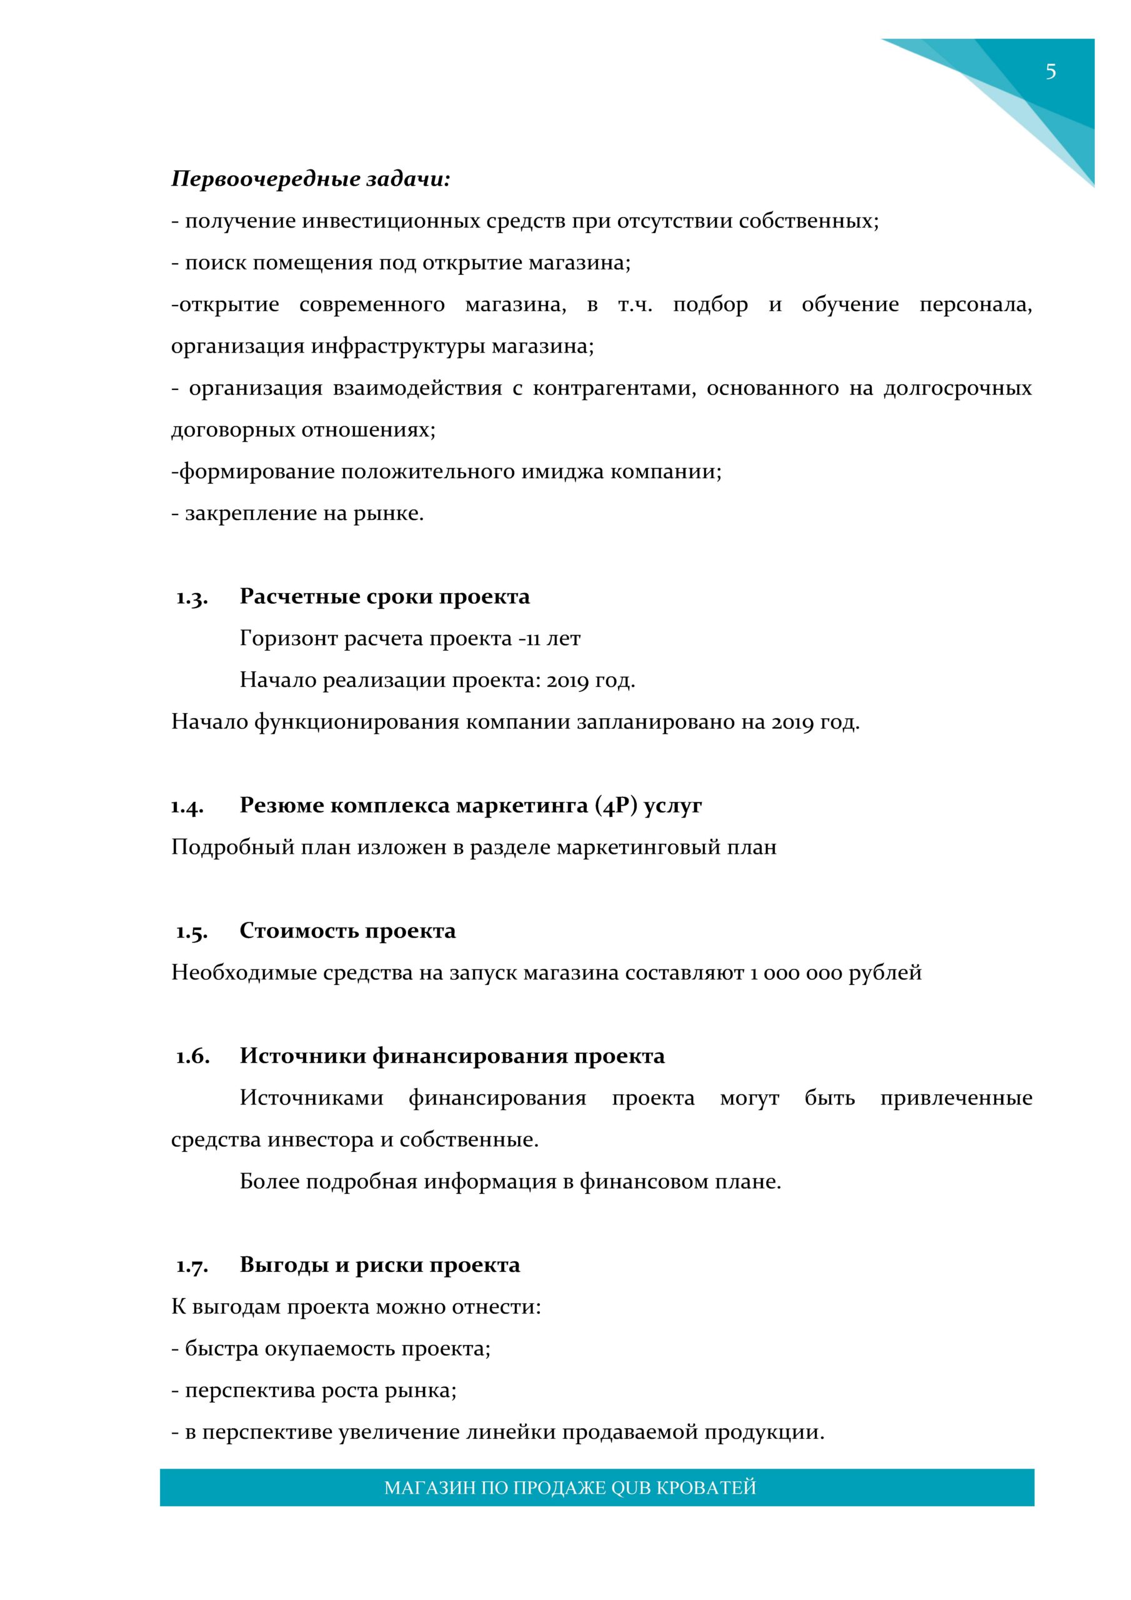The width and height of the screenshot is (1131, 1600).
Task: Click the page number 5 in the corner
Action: pyautogui.click(x=1050, y=72)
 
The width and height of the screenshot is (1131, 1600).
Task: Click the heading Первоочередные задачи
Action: pyautogui.click(x=311, y=180)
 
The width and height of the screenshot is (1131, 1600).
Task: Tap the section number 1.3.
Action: pyautogui.click(x=192, y=597)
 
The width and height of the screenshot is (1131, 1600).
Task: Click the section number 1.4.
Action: pyautogui.click(x=187, y=806)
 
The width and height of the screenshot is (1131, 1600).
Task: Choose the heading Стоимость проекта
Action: pyautogui.click(x=347, y=931)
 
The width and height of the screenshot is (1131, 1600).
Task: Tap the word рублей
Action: pyautogui.click(x=885, y=973)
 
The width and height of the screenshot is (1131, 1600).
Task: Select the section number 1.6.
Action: pyautogui.click(x=192, y=1056)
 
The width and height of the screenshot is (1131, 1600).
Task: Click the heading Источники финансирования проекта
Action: pyautogui.click(x=452, y=1056)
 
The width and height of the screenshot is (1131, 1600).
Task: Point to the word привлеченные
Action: pyautogui.click(x=956, y=1098)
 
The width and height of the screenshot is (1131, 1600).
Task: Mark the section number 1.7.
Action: pyautogui.click(x=192, y=1266)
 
